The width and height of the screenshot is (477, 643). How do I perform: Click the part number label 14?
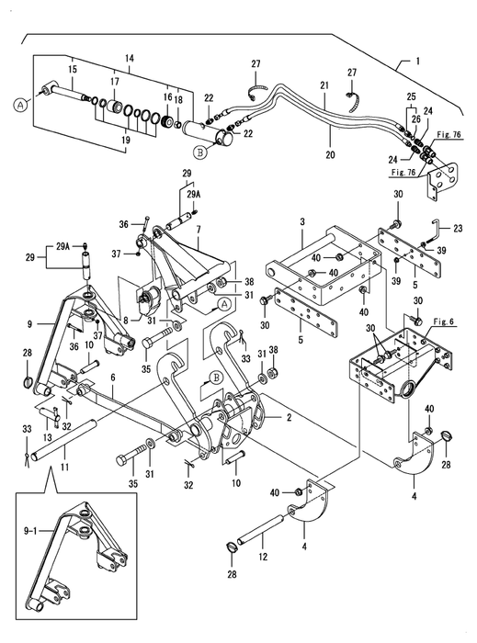coord(130,58)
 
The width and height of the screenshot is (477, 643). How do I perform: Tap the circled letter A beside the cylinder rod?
coord(19,106)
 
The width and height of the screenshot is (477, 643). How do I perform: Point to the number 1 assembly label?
coord(418,62)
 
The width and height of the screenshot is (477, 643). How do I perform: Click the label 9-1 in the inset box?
coord(31,532)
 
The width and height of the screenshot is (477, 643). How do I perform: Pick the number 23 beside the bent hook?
coord(458,228)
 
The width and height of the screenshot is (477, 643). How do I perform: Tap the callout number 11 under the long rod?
coord(65,467)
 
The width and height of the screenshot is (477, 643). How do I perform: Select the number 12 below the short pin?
coord(263,557)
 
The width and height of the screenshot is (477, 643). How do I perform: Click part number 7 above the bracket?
coord(199,230)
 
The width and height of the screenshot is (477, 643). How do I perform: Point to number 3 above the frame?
coord(302,222)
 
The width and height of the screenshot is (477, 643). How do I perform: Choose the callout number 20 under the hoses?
coord(330,154)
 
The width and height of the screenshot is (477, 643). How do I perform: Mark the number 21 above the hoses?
coord(324,85)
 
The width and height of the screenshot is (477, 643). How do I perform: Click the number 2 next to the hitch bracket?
coord(289,417)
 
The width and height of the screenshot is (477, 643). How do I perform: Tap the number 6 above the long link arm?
coord(113,378)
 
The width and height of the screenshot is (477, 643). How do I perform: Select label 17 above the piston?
coord(115,81)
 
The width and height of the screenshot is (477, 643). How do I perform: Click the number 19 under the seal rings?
coord(126,140)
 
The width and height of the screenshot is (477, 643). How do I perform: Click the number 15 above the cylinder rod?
coord(73,69)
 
